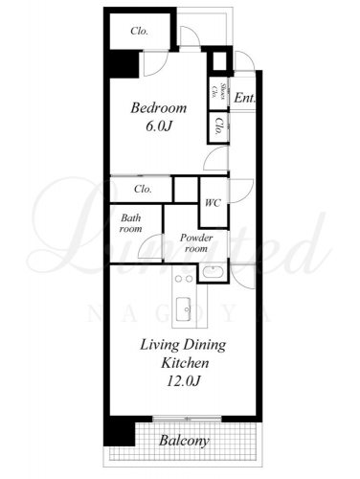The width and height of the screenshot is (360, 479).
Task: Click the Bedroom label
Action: coord(159,108)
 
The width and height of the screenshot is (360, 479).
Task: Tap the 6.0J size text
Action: coord(159,126)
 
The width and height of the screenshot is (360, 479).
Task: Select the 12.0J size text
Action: coord(183,381)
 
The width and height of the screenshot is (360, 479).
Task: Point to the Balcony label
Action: coord(184,441)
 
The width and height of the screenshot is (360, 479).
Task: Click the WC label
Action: coord(213,203)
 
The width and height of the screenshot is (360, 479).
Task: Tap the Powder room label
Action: coord(196,243)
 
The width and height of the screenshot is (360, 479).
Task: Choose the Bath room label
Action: coord(131,223)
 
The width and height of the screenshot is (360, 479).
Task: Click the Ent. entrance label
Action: coord(245,98)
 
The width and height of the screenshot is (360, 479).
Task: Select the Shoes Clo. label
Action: coord(219,92)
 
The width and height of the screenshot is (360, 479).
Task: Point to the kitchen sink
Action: coord(184,308)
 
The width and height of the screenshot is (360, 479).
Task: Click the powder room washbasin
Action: coord(212,273)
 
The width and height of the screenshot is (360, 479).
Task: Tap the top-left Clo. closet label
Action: coord(139,32)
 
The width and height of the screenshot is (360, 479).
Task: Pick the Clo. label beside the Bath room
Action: coord(143,189)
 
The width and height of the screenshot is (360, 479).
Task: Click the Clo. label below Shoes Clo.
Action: coord(218,126)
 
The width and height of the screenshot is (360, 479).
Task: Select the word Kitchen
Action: coord(185,363)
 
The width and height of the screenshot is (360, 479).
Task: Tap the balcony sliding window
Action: coord(187,419)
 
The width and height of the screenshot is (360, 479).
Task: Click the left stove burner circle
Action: coord(179,279)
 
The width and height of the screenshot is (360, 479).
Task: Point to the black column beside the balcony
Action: coord(120,430)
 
